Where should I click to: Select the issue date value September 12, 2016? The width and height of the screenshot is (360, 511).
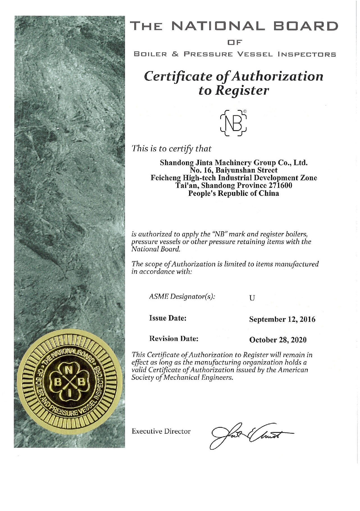(282, 319)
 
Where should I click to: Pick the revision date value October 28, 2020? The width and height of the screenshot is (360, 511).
(278, 340)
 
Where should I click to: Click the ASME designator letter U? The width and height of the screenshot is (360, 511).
(252, 298)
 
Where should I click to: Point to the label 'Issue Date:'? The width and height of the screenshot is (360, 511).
(168, 318)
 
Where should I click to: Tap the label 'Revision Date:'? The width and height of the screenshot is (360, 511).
(174, 339)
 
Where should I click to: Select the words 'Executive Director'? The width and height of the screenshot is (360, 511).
(161, 431)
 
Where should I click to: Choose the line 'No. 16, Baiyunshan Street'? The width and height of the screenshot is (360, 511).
(234, 170)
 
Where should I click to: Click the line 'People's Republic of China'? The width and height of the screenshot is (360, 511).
(234, 193)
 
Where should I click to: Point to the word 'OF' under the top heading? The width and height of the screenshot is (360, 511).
(234, 42)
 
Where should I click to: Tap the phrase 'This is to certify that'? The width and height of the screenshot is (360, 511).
(172, 148)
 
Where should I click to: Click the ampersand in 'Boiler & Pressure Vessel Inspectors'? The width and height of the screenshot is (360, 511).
(175, 54)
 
